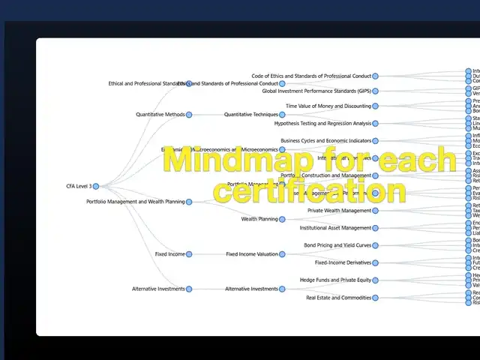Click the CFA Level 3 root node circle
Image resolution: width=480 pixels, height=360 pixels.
95,186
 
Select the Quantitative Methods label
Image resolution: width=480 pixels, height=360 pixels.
160,115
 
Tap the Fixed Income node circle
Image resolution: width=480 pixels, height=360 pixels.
189,254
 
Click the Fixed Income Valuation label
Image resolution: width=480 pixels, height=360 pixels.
252,254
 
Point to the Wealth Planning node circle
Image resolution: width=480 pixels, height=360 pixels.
282,219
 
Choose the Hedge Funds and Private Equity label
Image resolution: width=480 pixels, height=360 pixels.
335,280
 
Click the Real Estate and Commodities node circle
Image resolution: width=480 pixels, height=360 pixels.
375,298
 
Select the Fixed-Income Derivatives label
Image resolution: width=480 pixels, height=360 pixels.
343,262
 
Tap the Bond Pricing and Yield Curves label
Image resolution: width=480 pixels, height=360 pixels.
337,245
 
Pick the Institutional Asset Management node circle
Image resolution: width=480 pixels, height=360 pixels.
375,228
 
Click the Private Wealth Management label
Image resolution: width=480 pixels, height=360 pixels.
339,211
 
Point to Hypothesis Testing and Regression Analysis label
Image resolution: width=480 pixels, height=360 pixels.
322,123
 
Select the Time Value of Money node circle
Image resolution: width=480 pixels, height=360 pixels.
375,106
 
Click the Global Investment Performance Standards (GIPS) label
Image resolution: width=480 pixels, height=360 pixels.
316,91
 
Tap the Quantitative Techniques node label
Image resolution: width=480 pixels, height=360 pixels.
250,115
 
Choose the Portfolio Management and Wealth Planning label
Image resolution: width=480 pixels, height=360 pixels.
135,202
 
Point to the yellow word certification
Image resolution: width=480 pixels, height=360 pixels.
309,190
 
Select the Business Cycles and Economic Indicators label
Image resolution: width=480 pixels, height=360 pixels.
325,140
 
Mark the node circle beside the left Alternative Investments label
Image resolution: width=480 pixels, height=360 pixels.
189,289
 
